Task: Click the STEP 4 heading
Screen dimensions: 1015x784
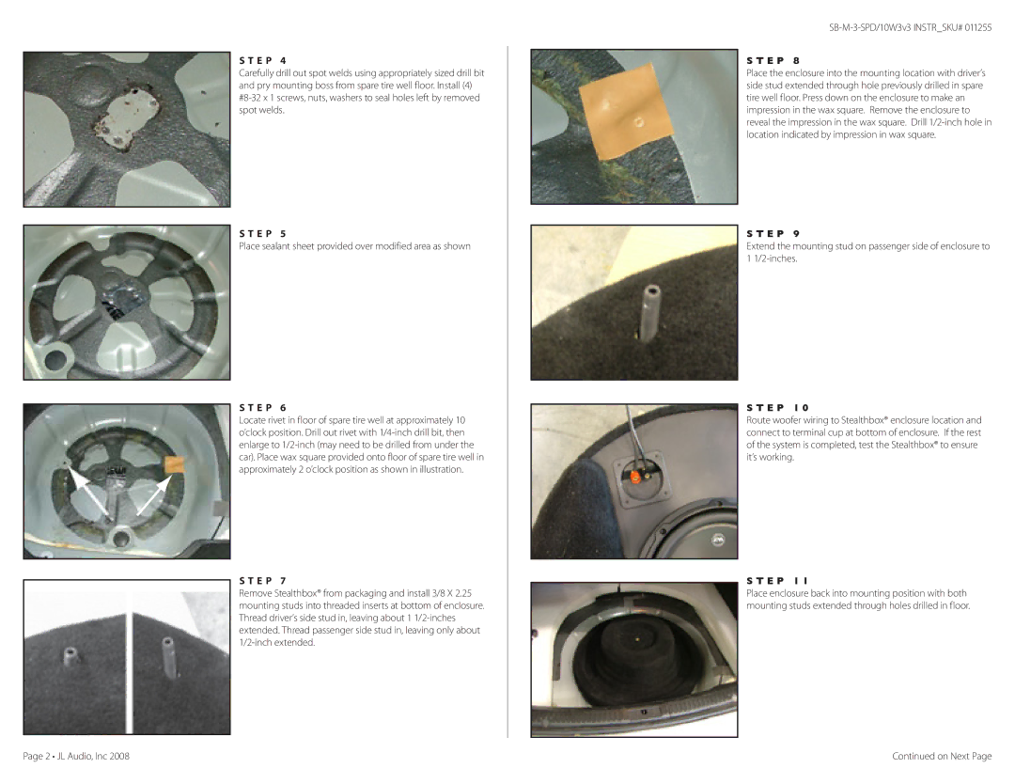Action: click(263, 61)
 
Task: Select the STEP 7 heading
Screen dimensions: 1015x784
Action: click(263, 581)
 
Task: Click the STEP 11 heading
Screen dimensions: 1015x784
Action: click(777, 581)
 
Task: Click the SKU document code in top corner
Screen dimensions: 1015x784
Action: click(910, 28)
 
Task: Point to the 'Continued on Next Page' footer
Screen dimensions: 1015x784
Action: click(942, 756)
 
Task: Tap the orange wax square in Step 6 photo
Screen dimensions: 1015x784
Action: click(175, 465)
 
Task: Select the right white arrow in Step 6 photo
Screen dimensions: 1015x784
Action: click(154, 495)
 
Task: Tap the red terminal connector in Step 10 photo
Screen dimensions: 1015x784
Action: click(635, 478)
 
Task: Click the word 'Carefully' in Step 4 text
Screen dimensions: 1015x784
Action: click(257, 74)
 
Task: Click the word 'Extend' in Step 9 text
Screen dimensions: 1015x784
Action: click(760, 246)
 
